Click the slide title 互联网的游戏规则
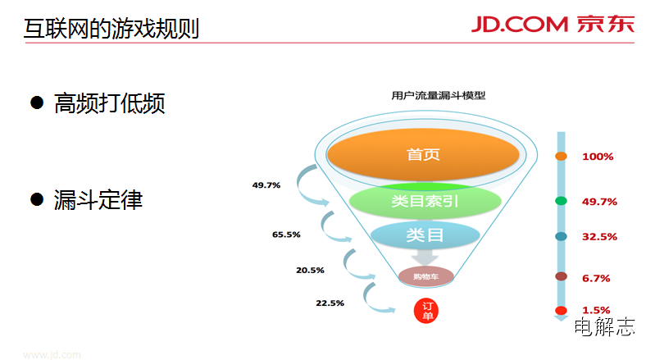click(111, 29)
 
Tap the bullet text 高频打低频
click(110, 103)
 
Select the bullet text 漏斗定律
click(98, 199)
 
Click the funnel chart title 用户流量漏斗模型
click(439, 96)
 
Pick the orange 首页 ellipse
click(423, 154)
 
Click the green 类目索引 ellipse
click(425, 201)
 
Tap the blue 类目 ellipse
click(425, 235)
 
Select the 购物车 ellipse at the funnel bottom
click(425, 276)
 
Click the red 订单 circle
click(426, 311)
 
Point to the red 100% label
click(598, 157)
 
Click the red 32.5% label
click(599, 237)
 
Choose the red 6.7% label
click(596, 278)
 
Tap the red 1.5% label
click(596, 310)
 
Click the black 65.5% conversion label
click(286, 235)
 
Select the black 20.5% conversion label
click(310, 271)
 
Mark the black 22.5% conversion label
click(330, 303)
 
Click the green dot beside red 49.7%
click(561, 201)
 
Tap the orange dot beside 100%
click(561, 156)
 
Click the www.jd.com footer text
click(52, 354)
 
